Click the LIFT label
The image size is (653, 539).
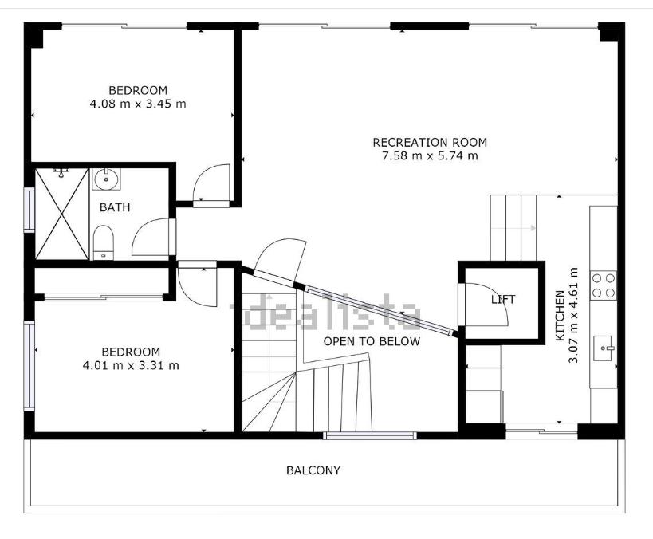502,299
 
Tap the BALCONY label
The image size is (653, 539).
313,470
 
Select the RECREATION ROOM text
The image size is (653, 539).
430,143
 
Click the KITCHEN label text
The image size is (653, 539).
561,315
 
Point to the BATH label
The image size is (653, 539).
115,207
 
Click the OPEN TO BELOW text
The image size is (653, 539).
372,341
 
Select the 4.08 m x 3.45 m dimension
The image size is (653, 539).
138,104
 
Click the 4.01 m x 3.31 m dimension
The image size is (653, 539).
131,366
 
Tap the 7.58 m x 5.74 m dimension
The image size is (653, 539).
430,156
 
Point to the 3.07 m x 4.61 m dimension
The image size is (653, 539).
573,315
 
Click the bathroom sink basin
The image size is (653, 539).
106,179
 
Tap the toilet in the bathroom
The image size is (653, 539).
103,242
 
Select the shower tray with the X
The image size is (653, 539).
61,214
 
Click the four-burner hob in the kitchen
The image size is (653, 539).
604,285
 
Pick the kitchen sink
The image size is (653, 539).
604,348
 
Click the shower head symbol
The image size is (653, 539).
61,172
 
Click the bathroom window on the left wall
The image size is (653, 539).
29,209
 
